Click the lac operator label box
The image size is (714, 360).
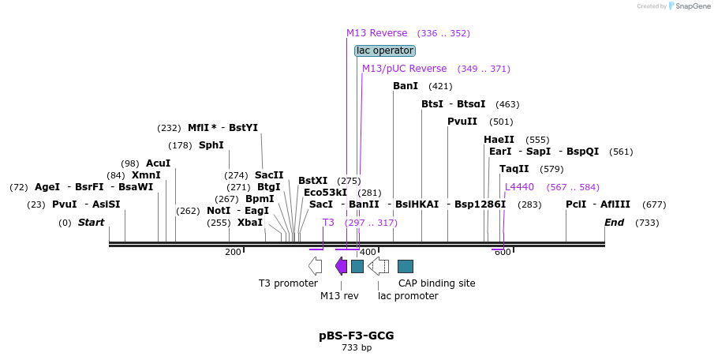385,51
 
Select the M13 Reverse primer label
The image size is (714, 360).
377,33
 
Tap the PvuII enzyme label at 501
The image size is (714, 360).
462,122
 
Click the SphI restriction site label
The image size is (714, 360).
211,145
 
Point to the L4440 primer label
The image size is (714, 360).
519,187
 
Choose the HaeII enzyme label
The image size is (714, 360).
499,140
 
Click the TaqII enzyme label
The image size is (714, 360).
514,169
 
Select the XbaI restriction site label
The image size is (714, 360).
250,223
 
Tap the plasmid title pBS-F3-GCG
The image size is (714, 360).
357,336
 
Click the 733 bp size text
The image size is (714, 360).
357,347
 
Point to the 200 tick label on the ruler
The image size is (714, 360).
233,252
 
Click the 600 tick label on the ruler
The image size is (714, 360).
503,252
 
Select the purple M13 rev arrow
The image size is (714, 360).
341,266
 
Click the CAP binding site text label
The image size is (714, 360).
436,283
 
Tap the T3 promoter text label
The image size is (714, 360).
288,283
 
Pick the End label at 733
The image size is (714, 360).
614,223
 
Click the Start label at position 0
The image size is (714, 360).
91,223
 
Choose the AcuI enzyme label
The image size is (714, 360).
158,163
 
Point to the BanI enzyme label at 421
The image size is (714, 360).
406,86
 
